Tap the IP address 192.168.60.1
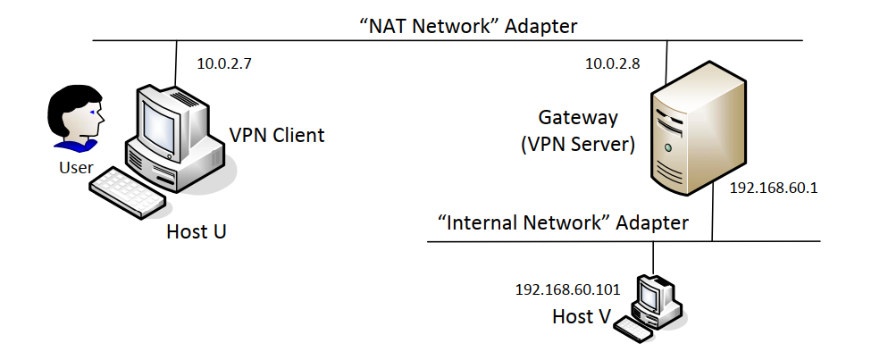[x=774, y=188]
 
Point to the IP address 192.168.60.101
[x=568, y=289]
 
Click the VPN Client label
[x=277, y=137]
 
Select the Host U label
[x=197, y=232]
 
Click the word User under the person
[x=76, y=167]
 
